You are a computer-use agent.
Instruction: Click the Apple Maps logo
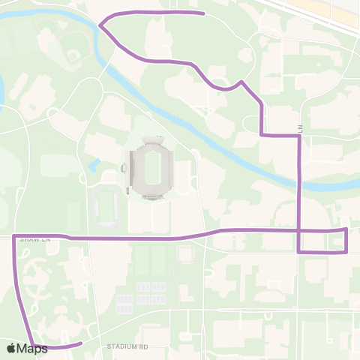(28, 348)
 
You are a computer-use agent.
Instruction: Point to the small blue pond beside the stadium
(93, 165)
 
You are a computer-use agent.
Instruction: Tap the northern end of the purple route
(204, 13)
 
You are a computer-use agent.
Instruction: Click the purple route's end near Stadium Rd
(80, 343)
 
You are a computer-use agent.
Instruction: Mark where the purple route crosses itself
(299, 230)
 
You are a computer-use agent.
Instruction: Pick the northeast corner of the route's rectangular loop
(346, 229)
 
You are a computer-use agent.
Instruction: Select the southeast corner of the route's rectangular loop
(346, 252)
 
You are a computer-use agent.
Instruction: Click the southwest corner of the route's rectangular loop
(299, 252)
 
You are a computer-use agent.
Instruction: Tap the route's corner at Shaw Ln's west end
(15, 236)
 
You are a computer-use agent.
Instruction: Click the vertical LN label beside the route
(298, 128)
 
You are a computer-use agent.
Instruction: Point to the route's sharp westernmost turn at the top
(100, 25)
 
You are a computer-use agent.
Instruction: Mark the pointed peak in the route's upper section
(241, 81)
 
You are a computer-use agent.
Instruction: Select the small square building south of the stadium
(184, 253)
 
